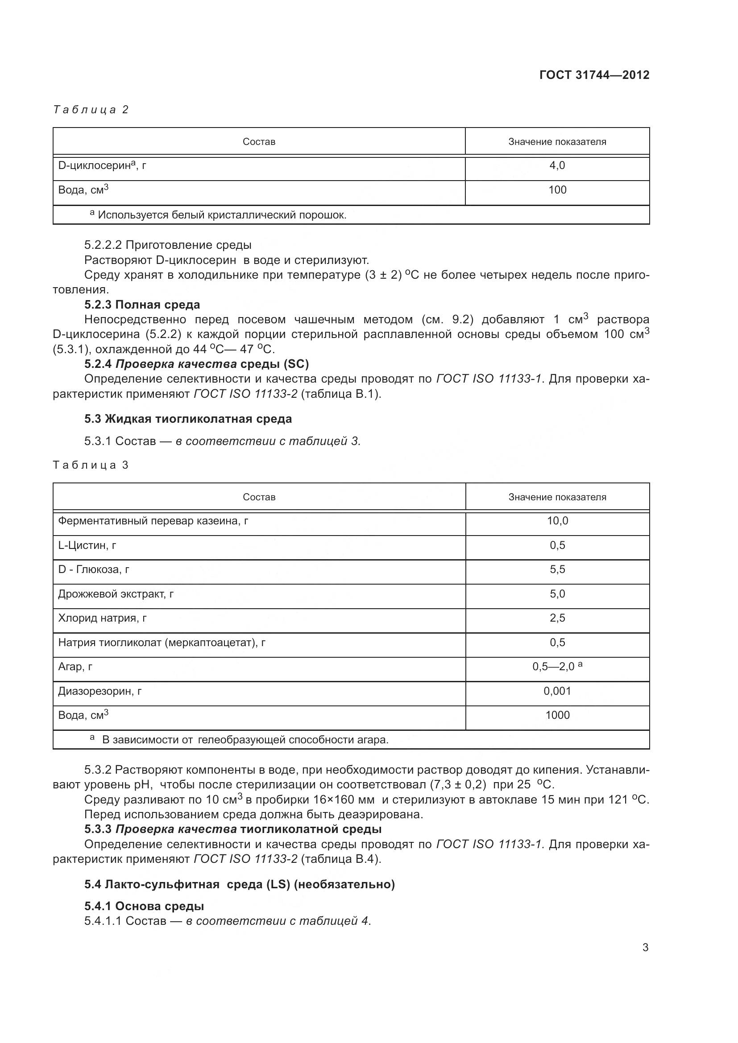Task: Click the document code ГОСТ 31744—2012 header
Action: tap(594, 75)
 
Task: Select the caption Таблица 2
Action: tap(91, 110)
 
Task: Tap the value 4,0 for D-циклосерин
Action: tap(557, 166)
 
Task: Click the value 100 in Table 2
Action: tap(557, 190)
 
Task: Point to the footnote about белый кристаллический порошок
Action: tap(218, 215)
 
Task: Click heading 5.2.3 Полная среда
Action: tap(142, 305)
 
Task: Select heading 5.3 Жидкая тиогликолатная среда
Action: tap(188, 418)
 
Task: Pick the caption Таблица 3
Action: tap(91, 465)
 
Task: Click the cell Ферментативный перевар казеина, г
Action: tap(153, 520)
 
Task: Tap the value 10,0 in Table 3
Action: tap(557, 521)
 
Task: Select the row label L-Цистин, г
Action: tap(87, 545)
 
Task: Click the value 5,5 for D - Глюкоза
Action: tap(557, 569)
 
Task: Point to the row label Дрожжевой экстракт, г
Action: tap(116, 594)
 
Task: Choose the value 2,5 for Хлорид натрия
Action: tap(557, 618)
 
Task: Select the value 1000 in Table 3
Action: tap(557, 715)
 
